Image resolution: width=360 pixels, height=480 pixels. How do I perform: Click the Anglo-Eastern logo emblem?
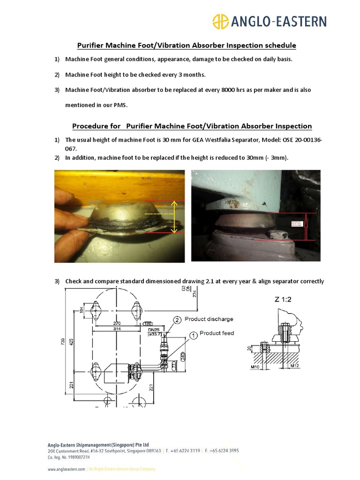click(221, 22)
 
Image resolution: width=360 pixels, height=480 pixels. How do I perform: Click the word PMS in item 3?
click(120, 105)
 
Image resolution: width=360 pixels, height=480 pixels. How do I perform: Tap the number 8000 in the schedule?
click(230, 90)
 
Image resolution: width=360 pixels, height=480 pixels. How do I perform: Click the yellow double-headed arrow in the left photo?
click(174, 216)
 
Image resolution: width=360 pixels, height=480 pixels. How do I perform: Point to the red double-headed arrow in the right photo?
click(306, 226)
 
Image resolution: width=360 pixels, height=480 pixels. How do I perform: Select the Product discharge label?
click(209, 319)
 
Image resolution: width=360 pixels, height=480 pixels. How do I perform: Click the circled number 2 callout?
click(178, 320)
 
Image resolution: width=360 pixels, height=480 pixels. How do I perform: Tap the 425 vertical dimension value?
click(72, 343)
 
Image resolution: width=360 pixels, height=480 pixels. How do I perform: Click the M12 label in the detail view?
click(295, 365)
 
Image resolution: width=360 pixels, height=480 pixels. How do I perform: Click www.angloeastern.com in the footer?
click(67, 469)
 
